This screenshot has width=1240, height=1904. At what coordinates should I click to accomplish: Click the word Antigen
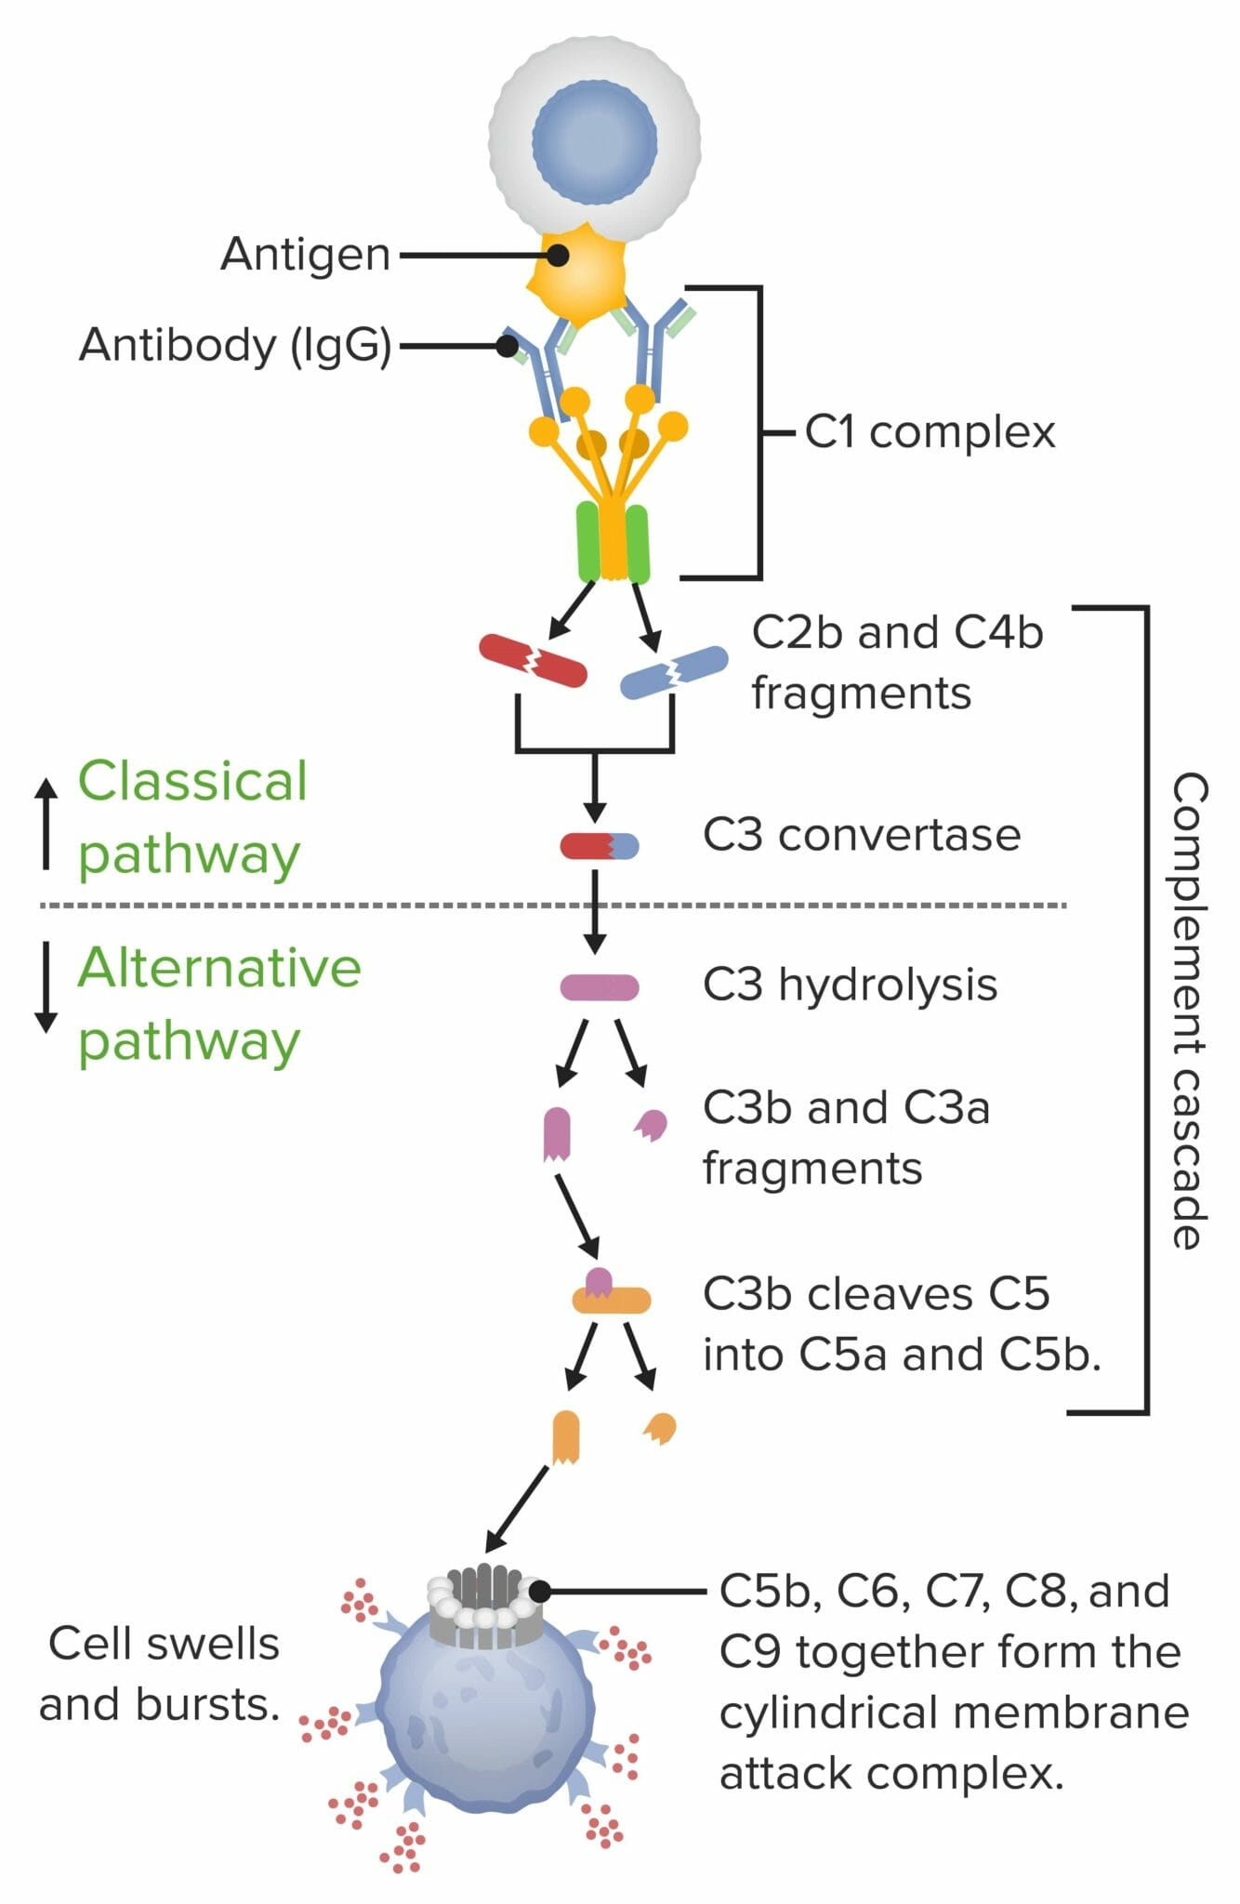coord(305,255)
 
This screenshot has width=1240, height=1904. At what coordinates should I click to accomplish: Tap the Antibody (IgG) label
coord(235,345)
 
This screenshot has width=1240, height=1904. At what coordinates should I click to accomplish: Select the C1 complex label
coord(930,432)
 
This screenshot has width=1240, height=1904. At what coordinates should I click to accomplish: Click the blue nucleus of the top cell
coord(595,141)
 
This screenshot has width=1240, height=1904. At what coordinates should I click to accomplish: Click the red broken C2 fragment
coord(533,660)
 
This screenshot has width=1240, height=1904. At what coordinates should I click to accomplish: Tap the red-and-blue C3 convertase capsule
coord(599,845)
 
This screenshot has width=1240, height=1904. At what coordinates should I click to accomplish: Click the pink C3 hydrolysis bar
coord(599,987)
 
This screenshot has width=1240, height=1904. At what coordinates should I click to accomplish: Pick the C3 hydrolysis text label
coord(850,985)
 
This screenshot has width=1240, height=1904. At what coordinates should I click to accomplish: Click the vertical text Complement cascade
coord(1189,1009)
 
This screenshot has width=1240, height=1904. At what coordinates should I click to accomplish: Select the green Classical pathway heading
coord(191,817)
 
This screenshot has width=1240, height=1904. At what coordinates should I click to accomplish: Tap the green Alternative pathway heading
coord(218,1004)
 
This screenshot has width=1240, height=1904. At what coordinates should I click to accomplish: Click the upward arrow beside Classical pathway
coord(46,824)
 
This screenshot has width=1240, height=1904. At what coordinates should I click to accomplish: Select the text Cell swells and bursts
coord(160,1673)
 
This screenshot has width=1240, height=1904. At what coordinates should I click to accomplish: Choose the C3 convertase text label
coord(861,835)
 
